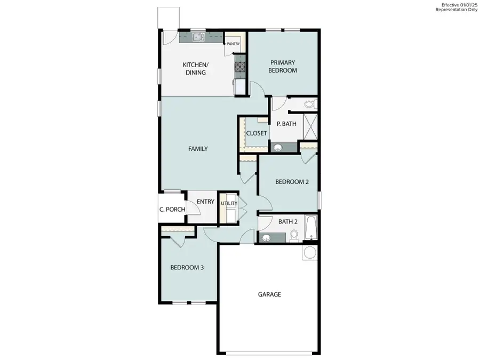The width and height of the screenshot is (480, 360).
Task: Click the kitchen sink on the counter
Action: (198, 37)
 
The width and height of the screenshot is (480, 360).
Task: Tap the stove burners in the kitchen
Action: (240, 67)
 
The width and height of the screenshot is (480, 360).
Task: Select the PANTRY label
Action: (233, 44)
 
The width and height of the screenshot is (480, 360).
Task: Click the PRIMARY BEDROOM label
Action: (282, 66)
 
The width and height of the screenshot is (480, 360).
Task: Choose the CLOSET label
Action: (257, 133)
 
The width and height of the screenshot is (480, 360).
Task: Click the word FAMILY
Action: (198, 149)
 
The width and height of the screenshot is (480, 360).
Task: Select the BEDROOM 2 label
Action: (292, 182)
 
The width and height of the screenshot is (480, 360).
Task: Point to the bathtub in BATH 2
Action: (310, 228)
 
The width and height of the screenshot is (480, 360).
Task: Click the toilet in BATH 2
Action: (294, 235)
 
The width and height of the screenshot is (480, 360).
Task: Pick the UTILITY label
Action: (229, 203)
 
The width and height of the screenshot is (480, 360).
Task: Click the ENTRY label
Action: (205, 202)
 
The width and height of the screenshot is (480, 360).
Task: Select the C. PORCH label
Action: (172, 210)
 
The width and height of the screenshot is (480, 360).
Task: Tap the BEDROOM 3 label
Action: (187, 268)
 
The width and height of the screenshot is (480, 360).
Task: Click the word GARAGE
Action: (269, 294)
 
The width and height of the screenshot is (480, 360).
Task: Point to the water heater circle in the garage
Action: (309, 252)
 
